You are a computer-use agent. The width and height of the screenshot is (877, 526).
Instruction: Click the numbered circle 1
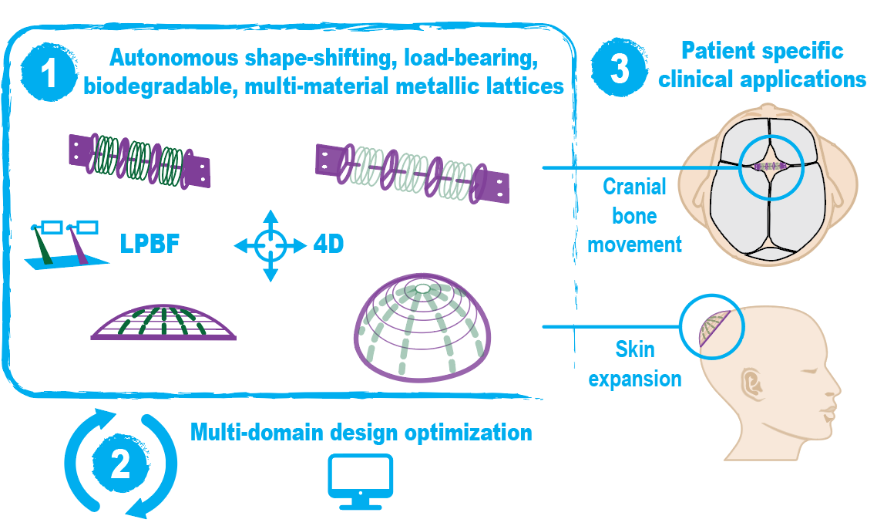pos(49,72)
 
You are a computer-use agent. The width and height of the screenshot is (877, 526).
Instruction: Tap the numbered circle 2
pos(120,464)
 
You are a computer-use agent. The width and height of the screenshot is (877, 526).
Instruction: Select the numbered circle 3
pos(620,68)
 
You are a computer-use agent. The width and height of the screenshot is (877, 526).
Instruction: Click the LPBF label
pos(150,244)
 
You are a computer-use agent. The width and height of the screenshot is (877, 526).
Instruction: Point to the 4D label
pos(328,244)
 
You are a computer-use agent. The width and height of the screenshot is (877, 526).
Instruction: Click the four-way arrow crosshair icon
pos(270,246)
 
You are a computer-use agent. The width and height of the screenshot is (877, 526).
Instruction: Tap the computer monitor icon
pos(360,481)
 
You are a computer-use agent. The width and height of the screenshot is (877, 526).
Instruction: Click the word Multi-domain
pos(257,432)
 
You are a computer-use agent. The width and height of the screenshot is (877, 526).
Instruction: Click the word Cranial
pos(634,187)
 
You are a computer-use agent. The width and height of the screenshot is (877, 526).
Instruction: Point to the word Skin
pos(635,349)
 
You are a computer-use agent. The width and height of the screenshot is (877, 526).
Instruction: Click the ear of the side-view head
pos(752,383)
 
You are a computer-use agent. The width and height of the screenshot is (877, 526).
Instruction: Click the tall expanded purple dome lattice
pos(422,327)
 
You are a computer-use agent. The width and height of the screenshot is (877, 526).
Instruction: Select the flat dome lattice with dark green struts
pos(163,322)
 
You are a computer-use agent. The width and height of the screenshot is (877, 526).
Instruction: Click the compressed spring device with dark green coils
pos(139,160)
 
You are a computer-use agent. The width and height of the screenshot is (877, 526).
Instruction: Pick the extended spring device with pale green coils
pos(412,174)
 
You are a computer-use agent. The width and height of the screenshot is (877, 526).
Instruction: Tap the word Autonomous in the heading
pos(173,57)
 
